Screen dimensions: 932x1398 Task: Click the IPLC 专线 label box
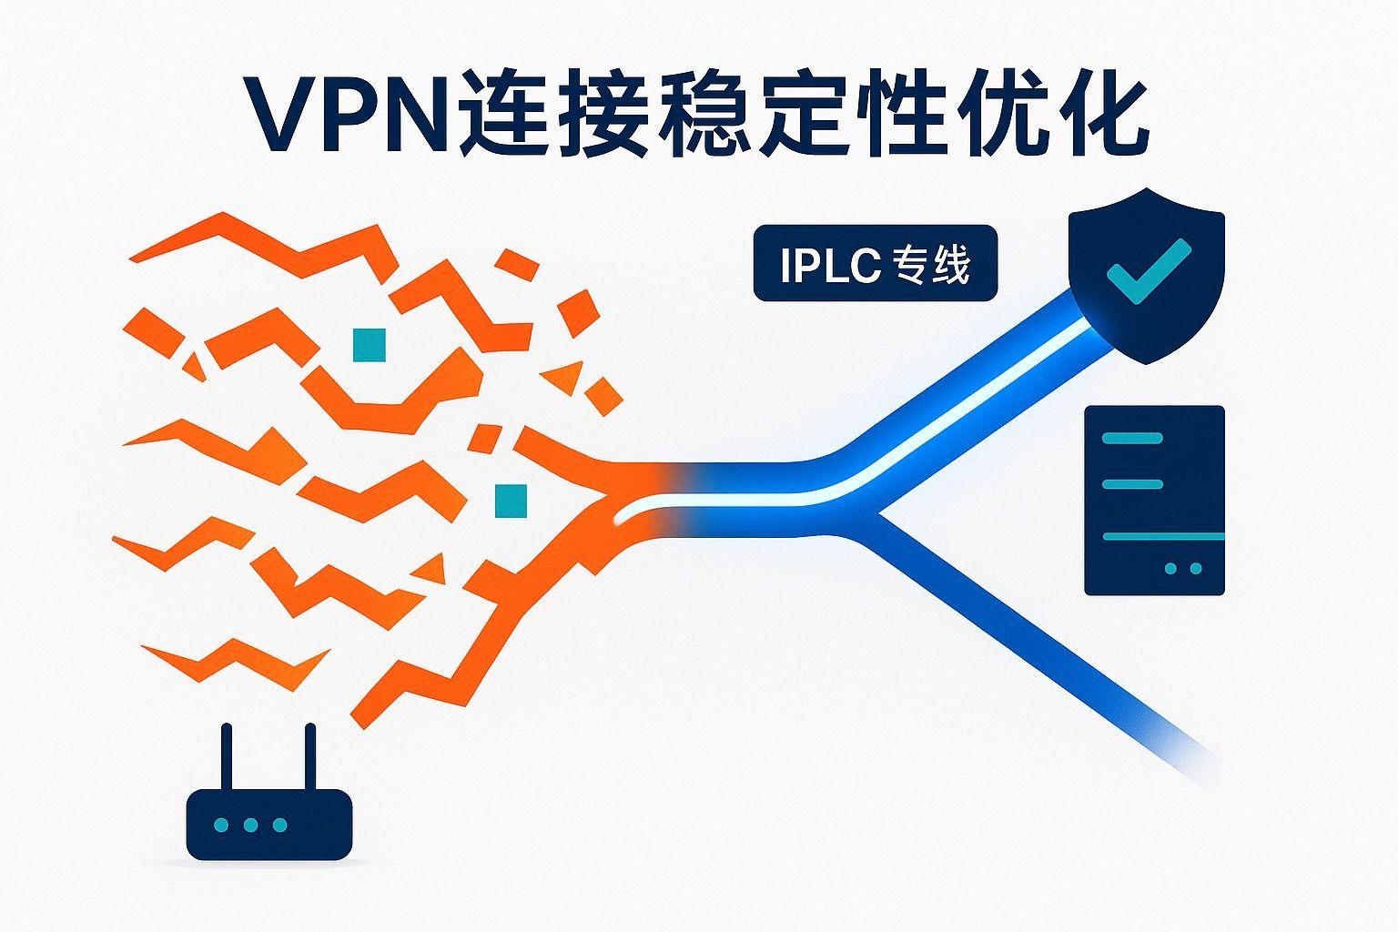click(x=875, y=263)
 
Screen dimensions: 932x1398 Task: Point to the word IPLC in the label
click(x=829, y=265)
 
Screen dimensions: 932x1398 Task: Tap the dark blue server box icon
click(x=1154, y=501)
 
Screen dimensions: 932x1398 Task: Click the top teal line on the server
click(x=1132, y=439)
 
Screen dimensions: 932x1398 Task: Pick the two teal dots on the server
click(x=1183, y=569)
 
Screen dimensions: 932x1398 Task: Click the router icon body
click(x=268, y=824)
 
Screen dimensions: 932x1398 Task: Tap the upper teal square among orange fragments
click(x=370, y=345)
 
